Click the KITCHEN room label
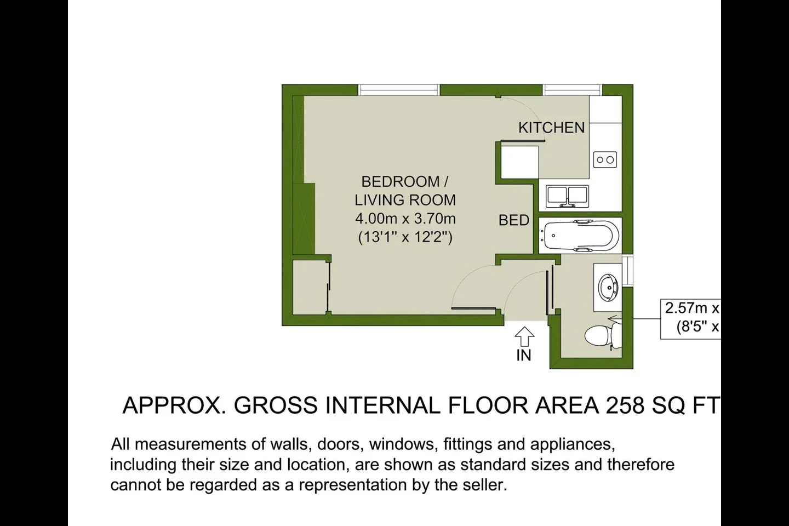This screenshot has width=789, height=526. [552, 128]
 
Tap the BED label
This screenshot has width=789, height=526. [514, 220]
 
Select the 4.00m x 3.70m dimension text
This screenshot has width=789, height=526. [405, 219]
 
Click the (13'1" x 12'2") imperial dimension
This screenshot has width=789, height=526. [405, 237]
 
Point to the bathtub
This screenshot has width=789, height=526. [580, 236]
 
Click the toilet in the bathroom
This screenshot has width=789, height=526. [603, 335]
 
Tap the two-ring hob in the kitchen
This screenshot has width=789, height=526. [605, 160]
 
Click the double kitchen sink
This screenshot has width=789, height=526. [567, 196]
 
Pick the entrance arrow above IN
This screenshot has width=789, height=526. [524, 336]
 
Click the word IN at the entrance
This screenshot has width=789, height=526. [524, 356]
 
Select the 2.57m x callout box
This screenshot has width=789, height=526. [691, 319]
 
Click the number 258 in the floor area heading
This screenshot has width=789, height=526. [625, 405]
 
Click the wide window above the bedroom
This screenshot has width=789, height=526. [399, 90]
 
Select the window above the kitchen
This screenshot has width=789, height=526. [572, 90]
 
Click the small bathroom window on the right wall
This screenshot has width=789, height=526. [627, 271]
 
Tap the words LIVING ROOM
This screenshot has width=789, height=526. [405, 200]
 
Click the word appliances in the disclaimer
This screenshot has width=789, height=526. [573, 444]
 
